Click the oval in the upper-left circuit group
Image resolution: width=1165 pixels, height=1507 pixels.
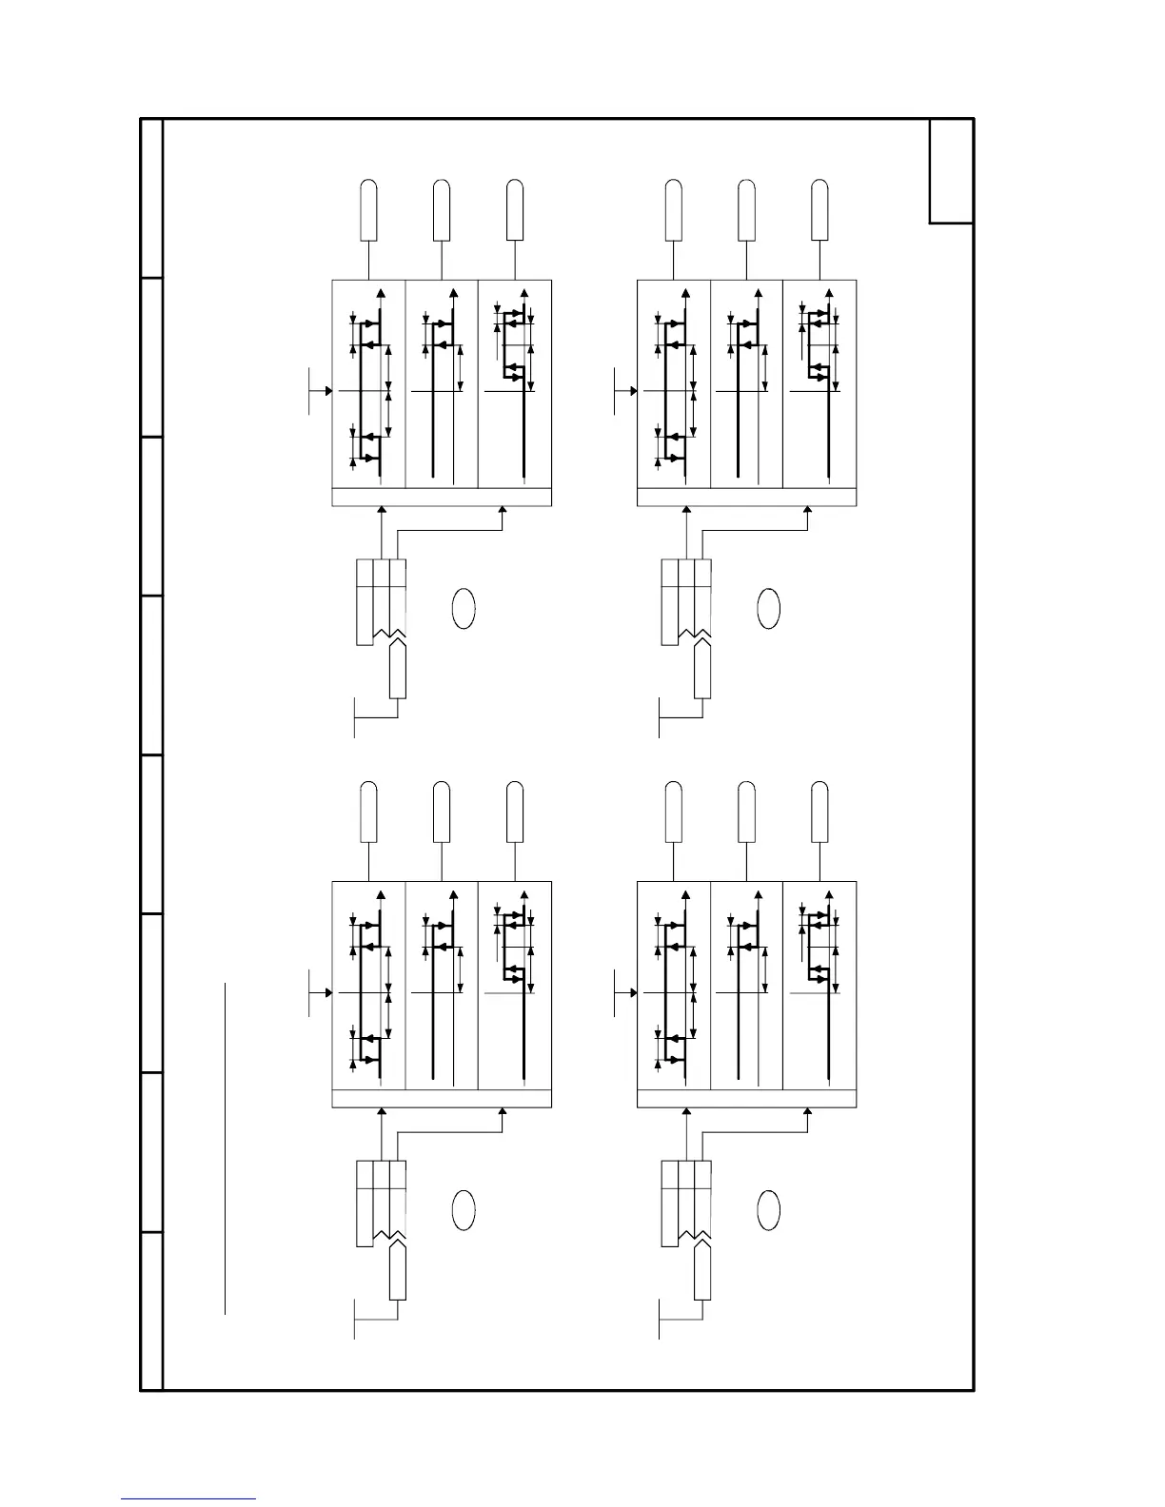pos(463,608)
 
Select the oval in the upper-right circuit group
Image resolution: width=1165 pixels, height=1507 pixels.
pos(768,608)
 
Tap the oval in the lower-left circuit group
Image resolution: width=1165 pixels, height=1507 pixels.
pos(463,1209)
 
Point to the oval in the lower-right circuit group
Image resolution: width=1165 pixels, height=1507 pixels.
pos(768,1209)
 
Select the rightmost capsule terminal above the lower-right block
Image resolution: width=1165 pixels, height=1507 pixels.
pos(819,812)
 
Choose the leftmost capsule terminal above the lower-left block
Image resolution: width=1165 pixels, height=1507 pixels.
pos(368,812)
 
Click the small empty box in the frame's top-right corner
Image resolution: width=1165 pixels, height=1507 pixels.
pos(951,171)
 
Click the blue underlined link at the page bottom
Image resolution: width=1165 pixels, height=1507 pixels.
pos(188,1498)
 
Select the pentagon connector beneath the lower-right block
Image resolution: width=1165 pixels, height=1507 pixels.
pos(702,1271)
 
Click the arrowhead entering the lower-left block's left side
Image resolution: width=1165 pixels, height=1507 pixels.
pos(328,992)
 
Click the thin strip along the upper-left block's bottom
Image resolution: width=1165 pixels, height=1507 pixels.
pos(441,498)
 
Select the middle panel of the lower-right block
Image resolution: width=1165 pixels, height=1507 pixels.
pos(746,985)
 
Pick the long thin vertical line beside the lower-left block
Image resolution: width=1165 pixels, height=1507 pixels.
pos(226,1148)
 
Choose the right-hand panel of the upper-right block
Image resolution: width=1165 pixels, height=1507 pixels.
pos(819,383)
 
